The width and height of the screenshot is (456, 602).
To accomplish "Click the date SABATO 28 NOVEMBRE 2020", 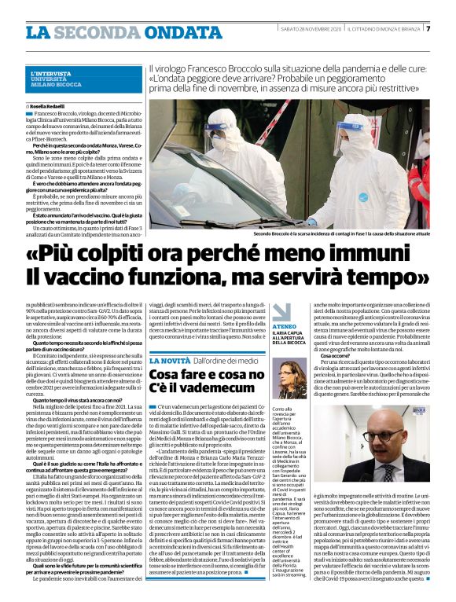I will click(307, 29).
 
